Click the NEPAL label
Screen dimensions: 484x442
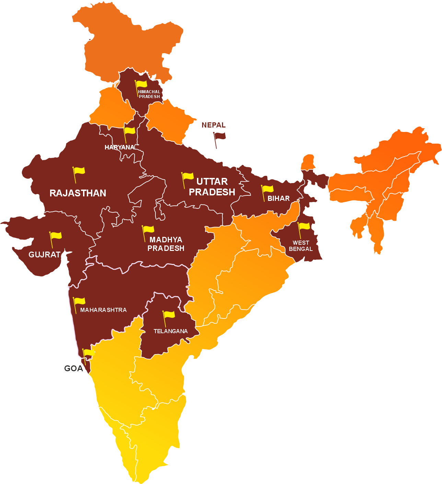(213, 125)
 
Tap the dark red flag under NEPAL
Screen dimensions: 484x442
(219, 137)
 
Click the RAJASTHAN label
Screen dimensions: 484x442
(78, 193)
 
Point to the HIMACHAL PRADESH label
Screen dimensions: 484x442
(149, 94)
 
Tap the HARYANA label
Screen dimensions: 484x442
(119, 147)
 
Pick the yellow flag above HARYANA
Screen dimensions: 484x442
(129, 131)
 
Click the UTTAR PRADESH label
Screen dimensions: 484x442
(212, 187)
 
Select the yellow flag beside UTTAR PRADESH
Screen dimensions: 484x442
(188, 177)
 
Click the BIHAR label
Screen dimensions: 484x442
(279, 198)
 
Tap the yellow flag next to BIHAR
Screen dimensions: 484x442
(268, 189)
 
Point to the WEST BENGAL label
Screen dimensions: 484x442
(301, 246)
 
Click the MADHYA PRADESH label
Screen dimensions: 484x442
(166, 244)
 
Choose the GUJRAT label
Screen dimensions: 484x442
(45, 255)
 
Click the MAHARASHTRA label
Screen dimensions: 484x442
(103, 310)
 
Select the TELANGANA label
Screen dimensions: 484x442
(171, 331)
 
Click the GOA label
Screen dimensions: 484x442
(73, 368)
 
